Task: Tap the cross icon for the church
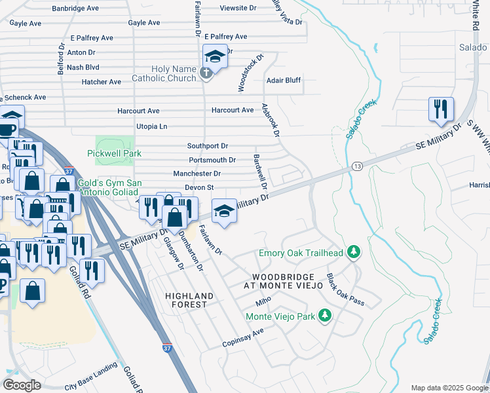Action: [x=206, y=73]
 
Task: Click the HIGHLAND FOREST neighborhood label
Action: [x=189, y=301]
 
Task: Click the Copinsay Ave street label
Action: [x=242, y=338]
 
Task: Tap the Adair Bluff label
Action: [x=283, y=81]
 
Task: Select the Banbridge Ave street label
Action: [x=75, y=9]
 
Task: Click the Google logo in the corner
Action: [x=22, y=385]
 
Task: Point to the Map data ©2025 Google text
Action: [x=448, y=388]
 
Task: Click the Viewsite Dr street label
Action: [x=238, y=8]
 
